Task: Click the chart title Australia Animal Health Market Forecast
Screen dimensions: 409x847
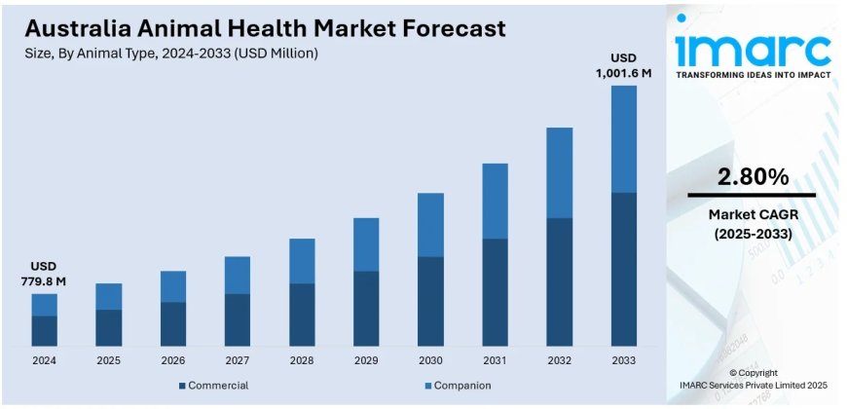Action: [x=265, y=28]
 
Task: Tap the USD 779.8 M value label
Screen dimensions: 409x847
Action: [x=44, y=274]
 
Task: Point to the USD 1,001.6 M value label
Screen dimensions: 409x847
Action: [x=623, y=65]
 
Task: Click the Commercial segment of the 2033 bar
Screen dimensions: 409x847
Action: [x=623, y=269]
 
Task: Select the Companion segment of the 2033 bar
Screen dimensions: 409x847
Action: [x=623, y=138]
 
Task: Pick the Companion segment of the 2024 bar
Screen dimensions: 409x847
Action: [x=44, y=305]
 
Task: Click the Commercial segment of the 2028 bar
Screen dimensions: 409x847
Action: [x=302, y=315]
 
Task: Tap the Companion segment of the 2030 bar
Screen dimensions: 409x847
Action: [x=430, y=225]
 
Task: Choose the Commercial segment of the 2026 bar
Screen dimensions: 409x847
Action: [x=173, y=324]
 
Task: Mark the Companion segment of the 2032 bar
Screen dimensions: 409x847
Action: [x=559, y=172]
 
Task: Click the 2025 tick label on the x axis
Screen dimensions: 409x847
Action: [x=109, y=360]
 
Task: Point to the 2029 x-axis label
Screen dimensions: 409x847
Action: [x=366, y=360]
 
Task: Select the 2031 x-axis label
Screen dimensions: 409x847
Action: [x=495, y=360]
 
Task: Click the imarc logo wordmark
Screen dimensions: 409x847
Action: [x=753, y=49]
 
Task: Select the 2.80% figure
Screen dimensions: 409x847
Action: [x=753, y=177]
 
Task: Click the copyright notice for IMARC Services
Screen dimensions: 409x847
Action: [x=753, y=379]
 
